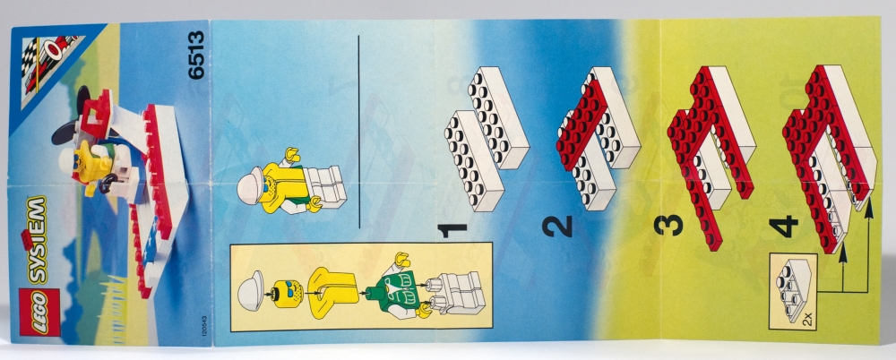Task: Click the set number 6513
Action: point(195,55)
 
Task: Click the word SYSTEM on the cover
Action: point(36,240)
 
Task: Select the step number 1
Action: point(452,231)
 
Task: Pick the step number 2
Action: point(557,226)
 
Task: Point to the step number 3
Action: point(668,224)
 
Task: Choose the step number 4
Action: point(783,227)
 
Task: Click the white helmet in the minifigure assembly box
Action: point(251,290)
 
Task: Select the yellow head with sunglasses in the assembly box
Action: point(288,294)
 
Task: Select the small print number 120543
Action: point(204,329)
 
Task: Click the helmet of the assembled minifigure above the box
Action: point(250,184)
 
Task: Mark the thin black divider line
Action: point(359,132)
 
